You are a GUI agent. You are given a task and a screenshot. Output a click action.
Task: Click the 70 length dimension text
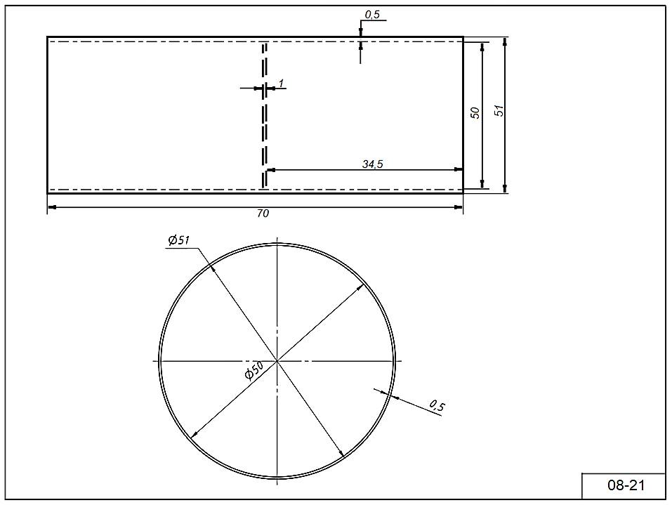click(x=263, y=213)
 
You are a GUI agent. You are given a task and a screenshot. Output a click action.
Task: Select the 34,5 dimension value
click(x=372, y=164)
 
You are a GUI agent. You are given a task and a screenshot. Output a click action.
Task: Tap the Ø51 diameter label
click(x=179, y=240)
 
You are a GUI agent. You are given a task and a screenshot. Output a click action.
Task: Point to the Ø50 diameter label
click(x=253, y=370)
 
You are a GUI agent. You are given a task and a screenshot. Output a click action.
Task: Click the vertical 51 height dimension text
click(x=499, y=110)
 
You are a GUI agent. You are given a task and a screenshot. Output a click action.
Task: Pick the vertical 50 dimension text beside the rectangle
click(x=475, y=113)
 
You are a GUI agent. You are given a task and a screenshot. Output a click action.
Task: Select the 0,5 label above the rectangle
click(x=372, y=15)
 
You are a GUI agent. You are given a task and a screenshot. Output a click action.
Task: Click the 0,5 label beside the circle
click(x=437, y=405)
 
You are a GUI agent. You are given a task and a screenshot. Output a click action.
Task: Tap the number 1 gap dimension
click(x=281, y=83)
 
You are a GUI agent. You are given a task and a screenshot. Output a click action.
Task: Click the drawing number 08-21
click(x=626, y=485)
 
